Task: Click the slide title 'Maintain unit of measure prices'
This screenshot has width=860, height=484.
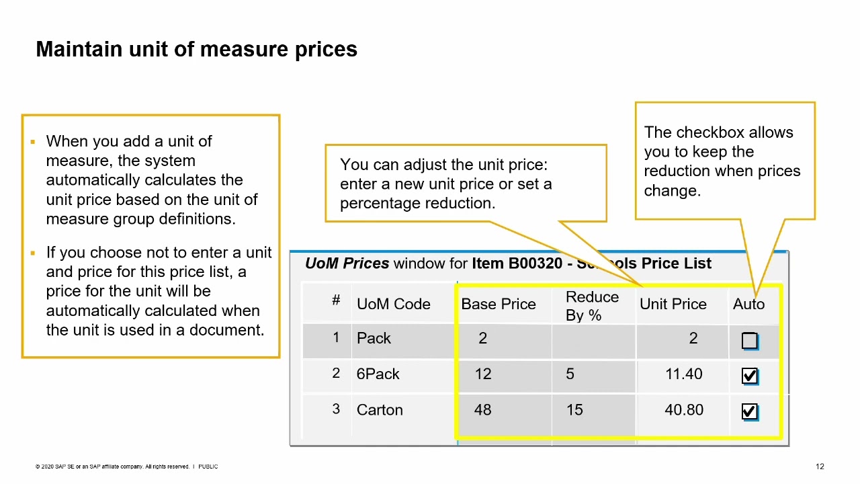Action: click(x=196, y=49)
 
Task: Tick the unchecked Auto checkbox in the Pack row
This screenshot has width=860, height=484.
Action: click(x=749, y=341)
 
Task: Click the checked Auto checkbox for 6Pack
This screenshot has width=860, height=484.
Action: click(x=749, y=376)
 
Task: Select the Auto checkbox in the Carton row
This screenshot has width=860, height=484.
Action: click(x=749, y=411)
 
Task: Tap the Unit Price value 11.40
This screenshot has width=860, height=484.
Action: click(x=683, y=374)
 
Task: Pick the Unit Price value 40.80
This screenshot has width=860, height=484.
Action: click(x=683, y=410)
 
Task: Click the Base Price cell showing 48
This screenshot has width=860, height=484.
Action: click(x=482, y=410)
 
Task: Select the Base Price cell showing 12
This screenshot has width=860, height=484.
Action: click(x=482, y=374)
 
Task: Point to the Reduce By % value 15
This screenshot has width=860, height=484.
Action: click(x=574, y=410)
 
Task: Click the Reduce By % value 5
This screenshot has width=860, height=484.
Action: click(x=570, y=374)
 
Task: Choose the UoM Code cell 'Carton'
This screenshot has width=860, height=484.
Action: click(x=380, y=410)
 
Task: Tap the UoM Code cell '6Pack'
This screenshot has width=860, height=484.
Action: click(x=378, y=374)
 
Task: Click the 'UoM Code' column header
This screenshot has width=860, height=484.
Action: click(x=393, y=304)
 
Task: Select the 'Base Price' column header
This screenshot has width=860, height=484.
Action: click(x=498, y=304)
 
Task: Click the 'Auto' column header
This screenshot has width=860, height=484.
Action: click(x=748, y=304)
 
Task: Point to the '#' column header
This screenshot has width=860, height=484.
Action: click(x=336, y=300)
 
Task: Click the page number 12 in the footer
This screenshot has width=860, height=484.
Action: click(x=820, y=467)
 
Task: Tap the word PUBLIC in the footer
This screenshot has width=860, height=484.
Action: click(x=208, y=467)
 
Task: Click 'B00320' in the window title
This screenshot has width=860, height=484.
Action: click(x=535, y=264)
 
